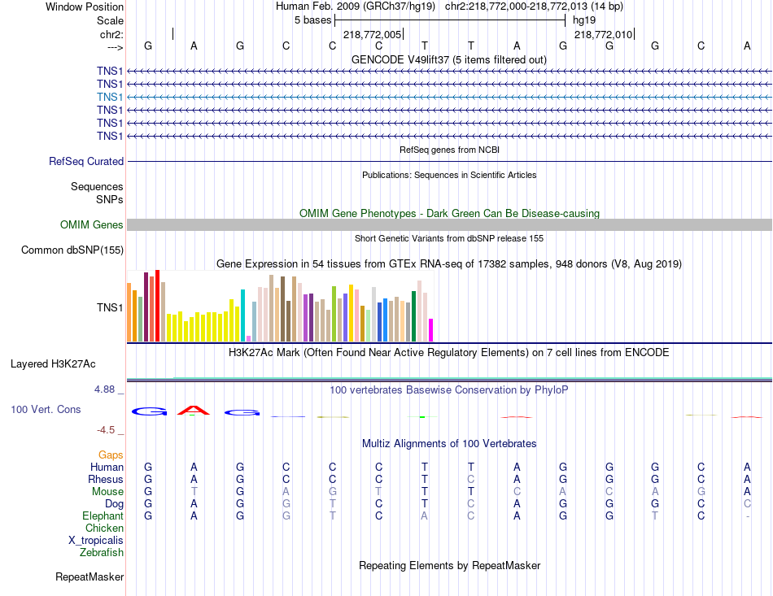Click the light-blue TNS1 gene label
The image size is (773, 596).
point(110,97)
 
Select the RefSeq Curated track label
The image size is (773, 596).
point(86,162)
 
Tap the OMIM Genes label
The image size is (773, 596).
point(92,225)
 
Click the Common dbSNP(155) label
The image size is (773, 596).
point(72,250)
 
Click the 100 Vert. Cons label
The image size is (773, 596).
point(46,410)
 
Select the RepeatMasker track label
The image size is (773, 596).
point(90,577)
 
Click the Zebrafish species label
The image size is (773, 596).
point(102,553)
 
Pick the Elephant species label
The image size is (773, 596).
point(103,516)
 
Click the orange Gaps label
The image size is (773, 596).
point(111,455)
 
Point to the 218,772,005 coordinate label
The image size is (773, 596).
point(372,35)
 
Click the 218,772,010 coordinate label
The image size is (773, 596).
point(603,35)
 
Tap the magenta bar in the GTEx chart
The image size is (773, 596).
point(430,330)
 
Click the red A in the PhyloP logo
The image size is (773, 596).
point(194,411)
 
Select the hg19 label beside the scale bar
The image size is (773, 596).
point(584,20)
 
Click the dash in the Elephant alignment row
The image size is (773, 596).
point(747,516)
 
